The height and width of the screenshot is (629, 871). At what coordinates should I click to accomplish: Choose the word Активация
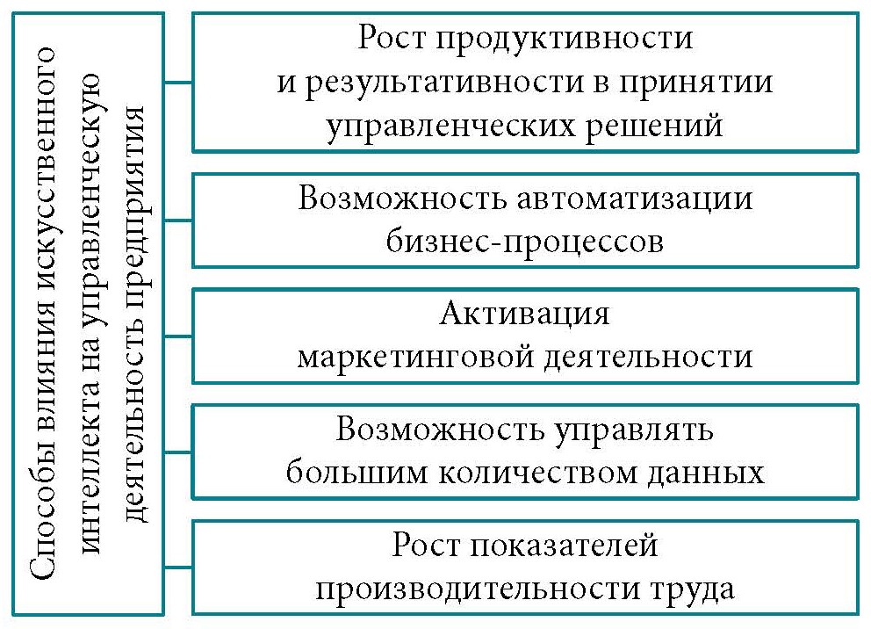[525, 314]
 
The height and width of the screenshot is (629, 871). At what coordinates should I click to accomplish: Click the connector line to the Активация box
[177, 336]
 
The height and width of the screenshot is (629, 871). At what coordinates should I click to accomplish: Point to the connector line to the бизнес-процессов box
[177, 220]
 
